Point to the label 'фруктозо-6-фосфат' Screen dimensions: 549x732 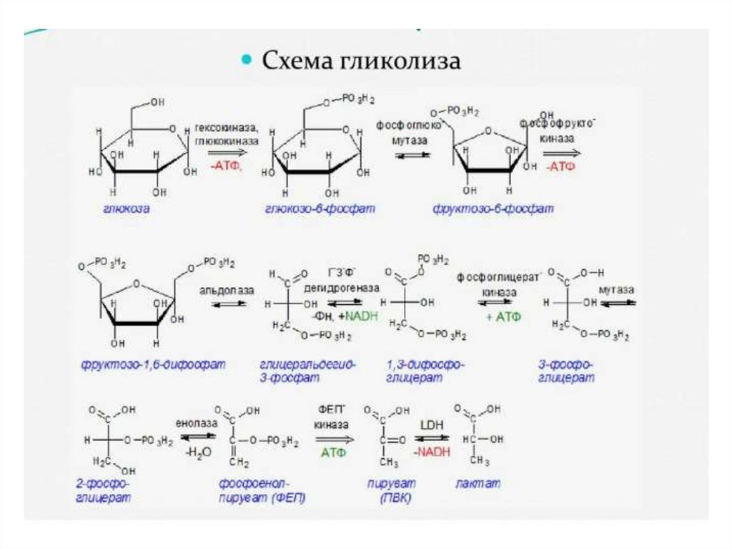493,209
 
